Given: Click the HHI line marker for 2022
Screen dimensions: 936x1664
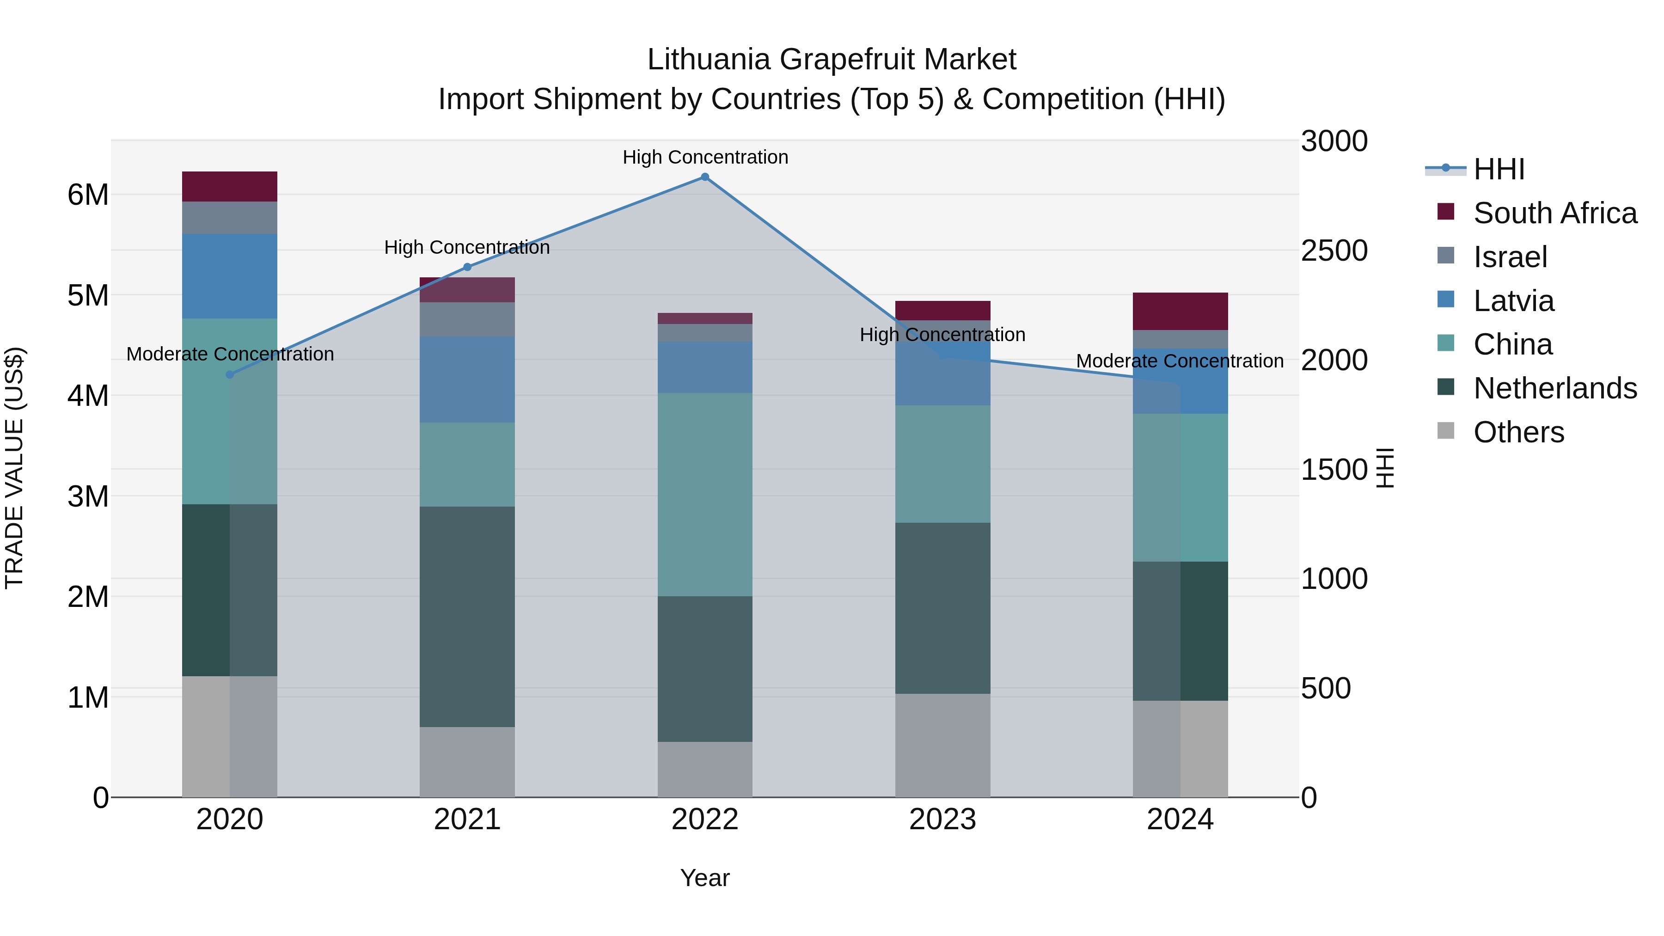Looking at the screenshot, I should [x=705, y=177].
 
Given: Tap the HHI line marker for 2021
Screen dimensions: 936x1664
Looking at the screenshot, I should [x=467, y=267].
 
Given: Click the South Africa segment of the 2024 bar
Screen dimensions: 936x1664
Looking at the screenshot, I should [x=1180, y=312].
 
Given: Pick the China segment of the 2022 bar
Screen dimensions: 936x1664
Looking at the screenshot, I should [x=705, y=494].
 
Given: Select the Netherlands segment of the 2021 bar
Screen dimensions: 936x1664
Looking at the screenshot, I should [x=467, y=617].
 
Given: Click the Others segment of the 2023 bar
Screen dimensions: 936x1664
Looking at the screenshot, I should [x=942, y=746].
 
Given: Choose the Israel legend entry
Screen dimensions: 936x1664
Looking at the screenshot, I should [x=1510, y=257].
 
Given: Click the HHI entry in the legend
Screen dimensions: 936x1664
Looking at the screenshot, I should [x=1499, y=169].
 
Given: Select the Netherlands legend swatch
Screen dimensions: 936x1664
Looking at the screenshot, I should [x=1446, y=388].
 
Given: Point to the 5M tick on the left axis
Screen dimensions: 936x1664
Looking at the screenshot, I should [x=88, y=296].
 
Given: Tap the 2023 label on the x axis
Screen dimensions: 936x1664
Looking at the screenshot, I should [x=942, y=820].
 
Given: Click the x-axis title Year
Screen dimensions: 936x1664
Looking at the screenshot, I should [x=705, y=878].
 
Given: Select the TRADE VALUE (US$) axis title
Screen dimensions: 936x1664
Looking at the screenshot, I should [x=14, y=468].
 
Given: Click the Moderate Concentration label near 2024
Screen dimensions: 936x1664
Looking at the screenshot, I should [x=1180, y=361].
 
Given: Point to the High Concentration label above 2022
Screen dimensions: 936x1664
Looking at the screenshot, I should [x=705, y=157].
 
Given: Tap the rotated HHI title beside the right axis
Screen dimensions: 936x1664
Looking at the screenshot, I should [x=1384, y=468].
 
